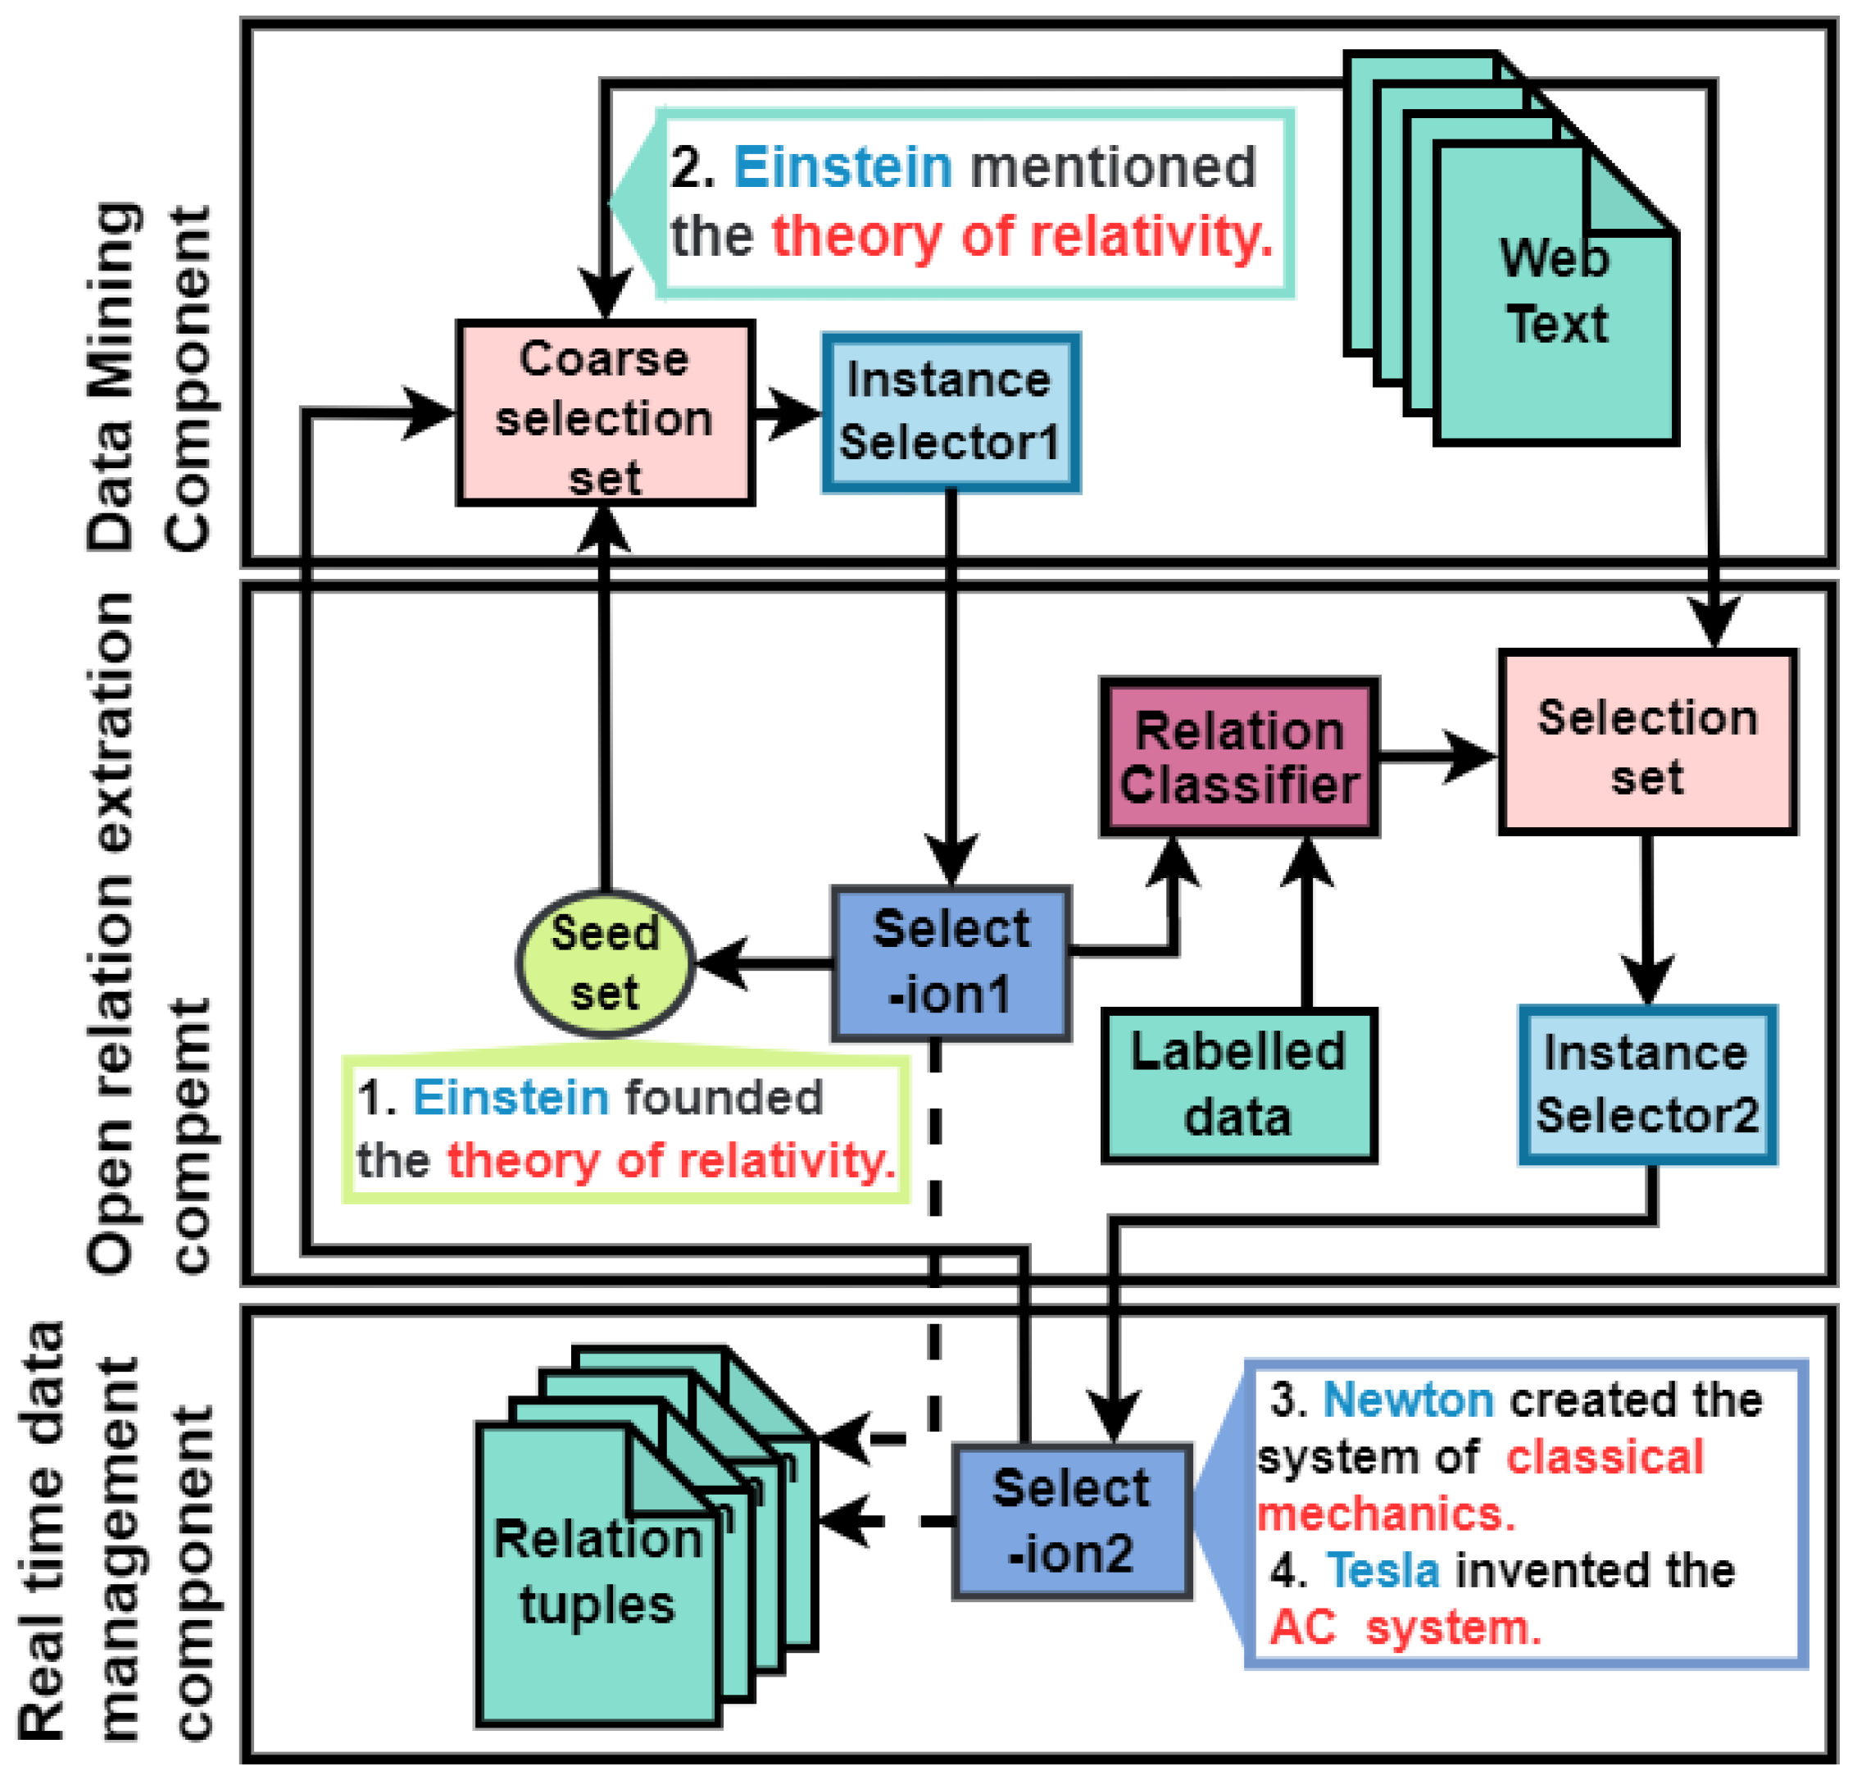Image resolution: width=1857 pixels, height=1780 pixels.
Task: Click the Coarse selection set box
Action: point(605,413)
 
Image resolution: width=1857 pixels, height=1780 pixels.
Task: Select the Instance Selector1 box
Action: point(951,412)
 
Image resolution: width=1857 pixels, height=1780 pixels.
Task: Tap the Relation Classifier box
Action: point(1238,757)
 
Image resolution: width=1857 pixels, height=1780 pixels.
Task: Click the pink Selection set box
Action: point(1646,742)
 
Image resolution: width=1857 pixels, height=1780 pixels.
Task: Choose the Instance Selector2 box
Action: point(1646,1084)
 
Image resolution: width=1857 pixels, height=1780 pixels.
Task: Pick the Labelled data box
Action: point(1238,1084)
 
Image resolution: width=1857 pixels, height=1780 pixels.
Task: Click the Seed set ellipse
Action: point(605,963)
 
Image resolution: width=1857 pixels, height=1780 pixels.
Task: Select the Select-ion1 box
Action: point(951,963)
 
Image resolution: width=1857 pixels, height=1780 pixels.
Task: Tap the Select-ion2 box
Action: point(1072,1520)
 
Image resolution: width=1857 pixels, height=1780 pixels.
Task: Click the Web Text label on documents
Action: point(1554,291)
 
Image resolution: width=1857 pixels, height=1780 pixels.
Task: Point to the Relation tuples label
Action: point(597,1571)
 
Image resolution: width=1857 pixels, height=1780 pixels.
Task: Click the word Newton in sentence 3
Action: point(1407,1400)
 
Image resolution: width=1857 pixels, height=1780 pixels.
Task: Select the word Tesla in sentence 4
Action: point(1383,1571)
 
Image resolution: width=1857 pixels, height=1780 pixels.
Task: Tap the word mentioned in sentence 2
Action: point(1112,168)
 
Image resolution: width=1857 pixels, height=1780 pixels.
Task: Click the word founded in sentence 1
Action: point(723,1098)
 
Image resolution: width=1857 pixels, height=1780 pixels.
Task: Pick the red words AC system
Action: point(1406,1628)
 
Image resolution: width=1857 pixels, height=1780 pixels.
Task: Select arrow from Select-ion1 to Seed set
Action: point(764,964)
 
